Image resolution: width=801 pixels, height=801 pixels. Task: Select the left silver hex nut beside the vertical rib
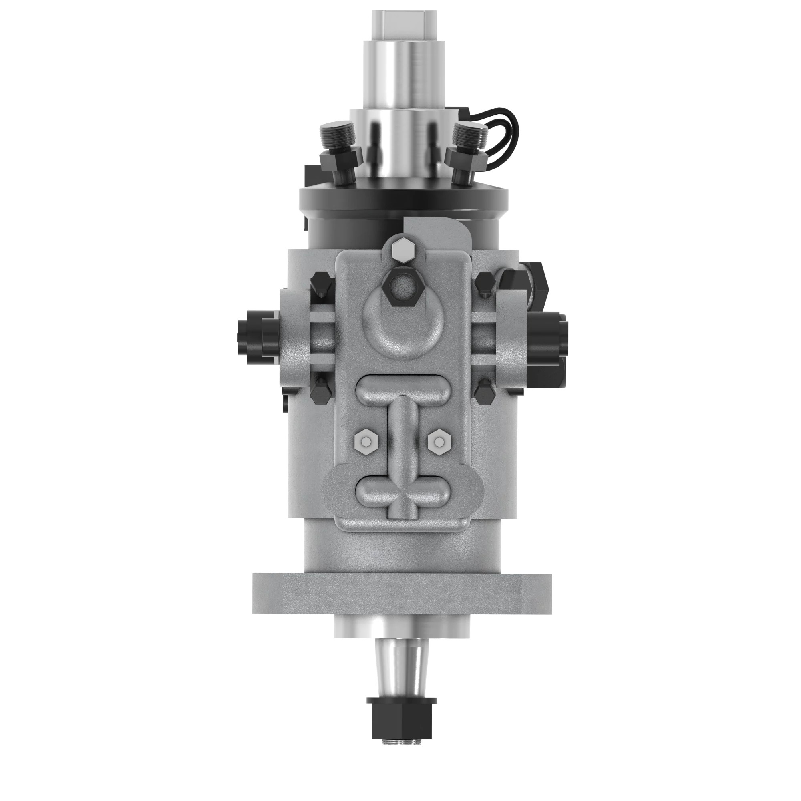[366, 443]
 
